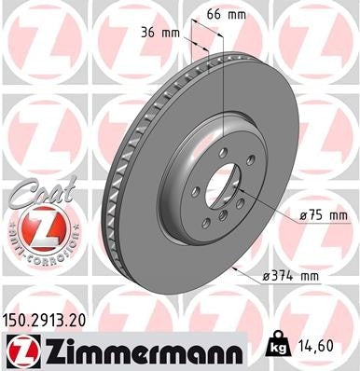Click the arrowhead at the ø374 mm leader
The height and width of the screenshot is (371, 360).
click(x=241, y=271)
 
